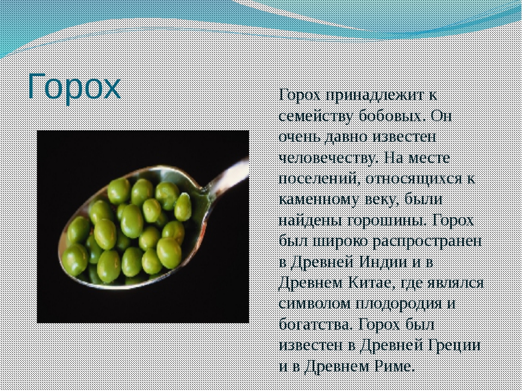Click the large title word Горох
(x=74, y=86)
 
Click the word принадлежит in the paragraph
(x=374, y=96)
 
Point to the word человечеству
(x=328, y=159)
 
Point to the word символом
(x=315, y=305)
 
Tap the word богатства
(x=315, y=325)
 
